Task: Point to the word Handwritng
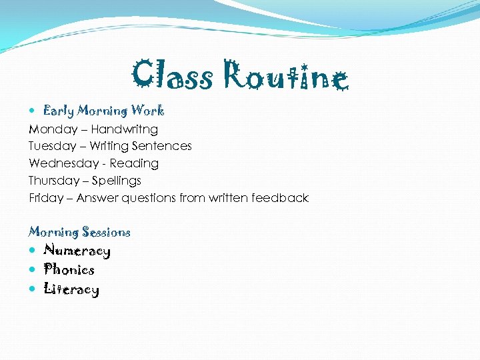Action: click(124, 129)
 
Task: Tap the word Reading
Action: click(134, 163)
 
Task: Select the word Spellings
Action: click(116, 181)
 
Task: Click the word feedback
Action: click(280, 198)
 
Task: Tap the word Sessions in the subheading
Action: click(105, 232)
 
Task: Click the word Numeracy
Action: click(77, 251)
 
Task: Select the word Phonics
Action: click(69, 270)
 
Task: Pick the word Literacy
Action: click(71, 289)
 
